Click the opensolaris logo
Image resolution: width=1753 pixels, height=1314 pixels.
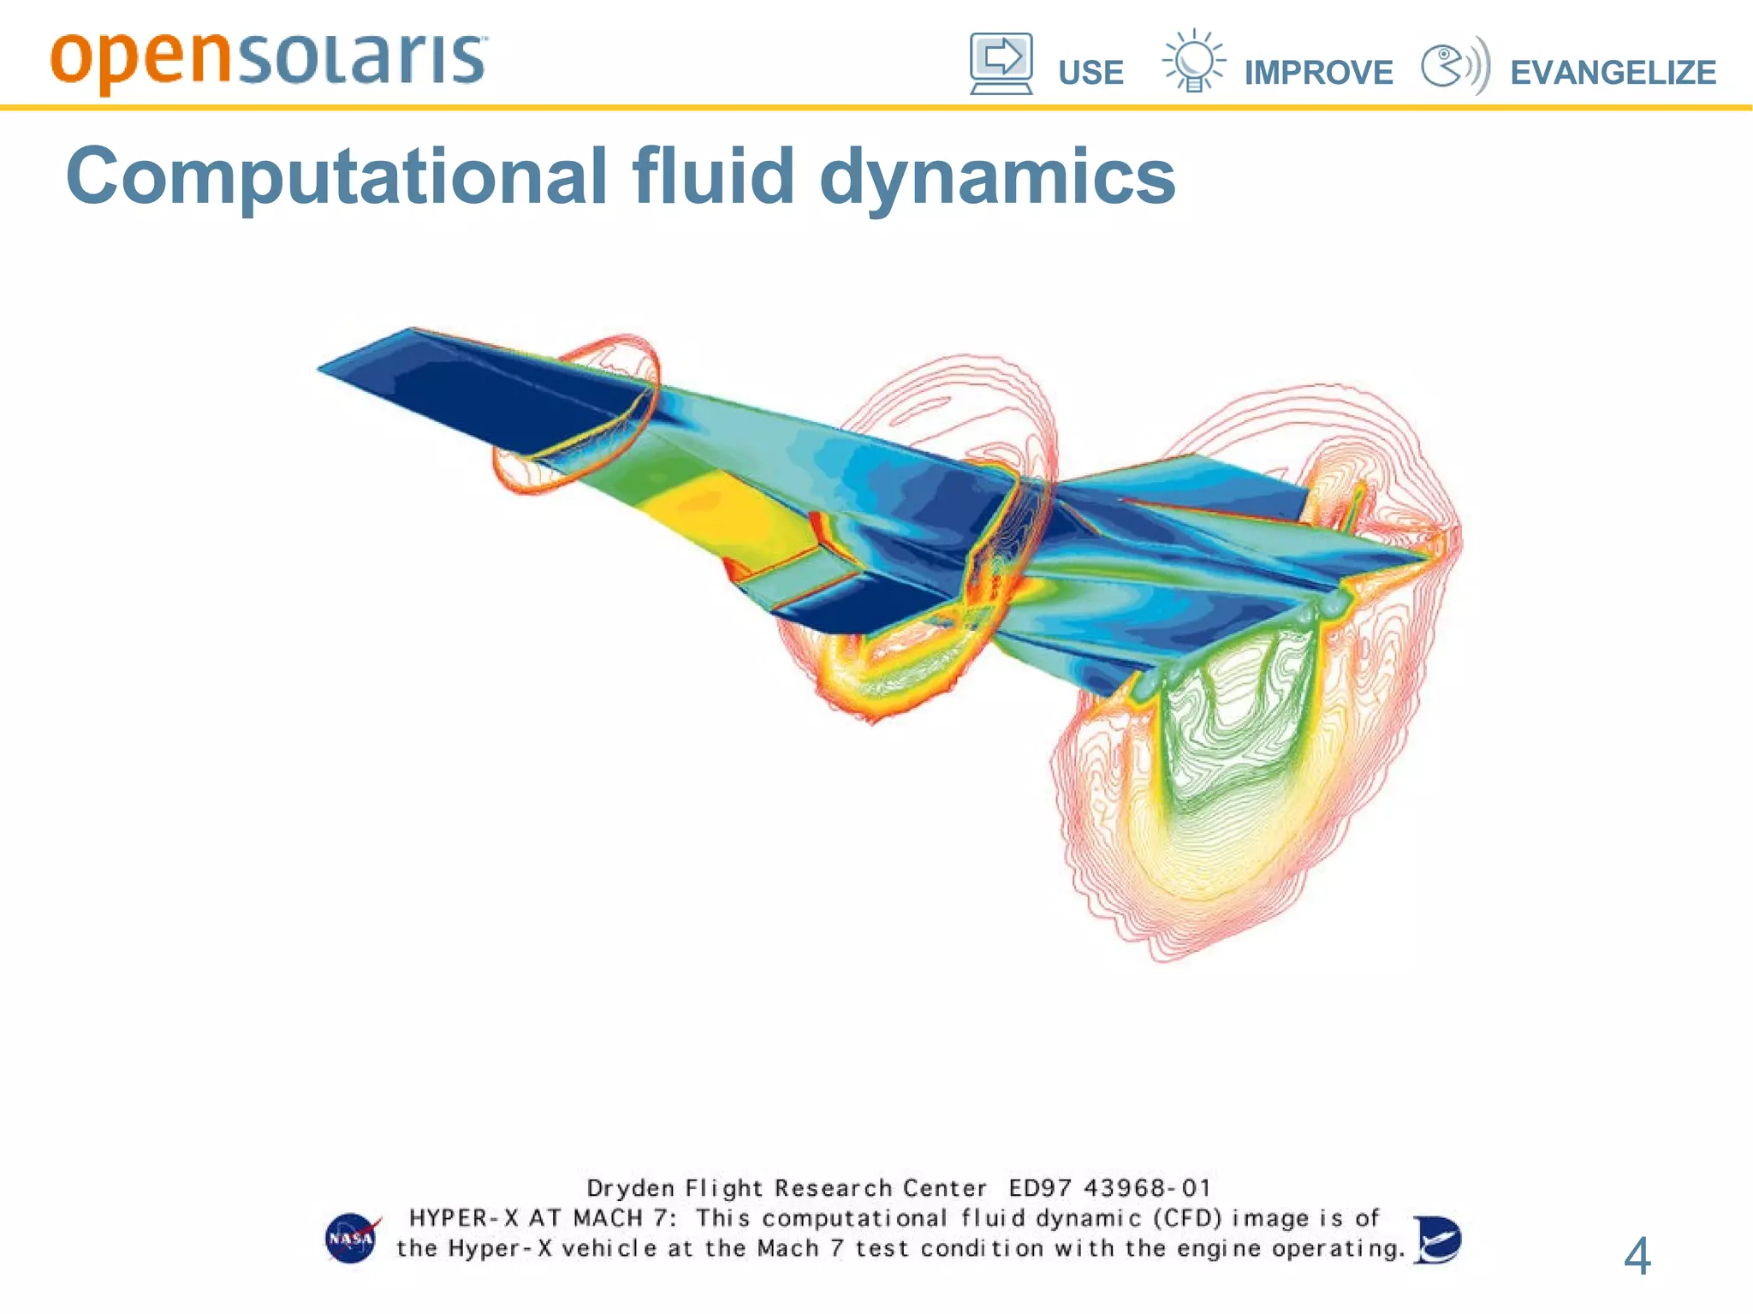[x=268, y=60]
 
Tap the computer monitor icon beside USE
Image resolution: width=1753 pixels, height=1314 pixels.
[x=1001, y=63]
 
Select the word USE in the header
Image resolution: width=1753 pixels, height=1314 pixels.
[x=1090, y=73]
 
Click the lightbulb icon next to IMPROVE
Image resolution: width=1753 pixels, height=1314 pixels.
[x=1194, y=61]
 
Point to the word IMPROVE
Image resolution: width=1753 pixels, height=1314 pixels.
[x=1318, y=73]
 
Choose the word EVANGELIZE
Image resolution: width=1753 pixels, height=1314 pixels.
[x=1613, y=73]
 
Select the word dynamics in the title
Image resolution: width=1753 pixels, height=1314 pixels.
[x=997, y=178]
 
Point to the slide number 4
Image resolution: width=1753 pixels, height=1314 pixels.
[x=1637, y=1256]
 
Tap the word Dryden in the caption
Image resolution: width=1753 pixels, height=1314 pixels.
[x=630, y=1189]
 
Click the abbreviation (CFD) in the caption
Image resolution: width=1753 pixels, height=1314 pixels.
[x=1188, y=1218]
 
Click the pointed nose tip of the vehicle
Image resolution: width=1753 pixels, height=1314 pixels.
[x=322, y=368]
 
